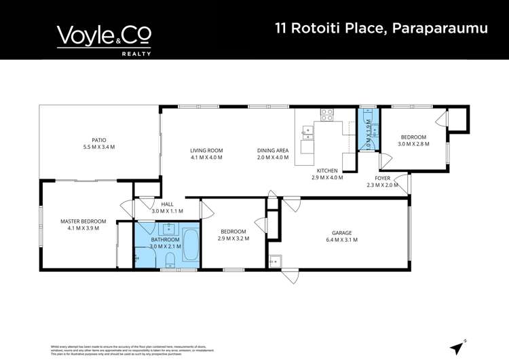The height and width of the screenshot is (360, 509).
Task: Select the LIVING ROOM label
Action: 206,150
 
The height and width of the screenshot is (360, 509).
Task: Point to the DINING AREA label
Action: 273,150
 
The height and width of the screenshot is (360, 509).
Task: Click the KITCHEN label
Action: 327,170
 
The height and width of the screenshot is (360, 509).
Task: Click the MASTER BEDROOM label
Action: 83,221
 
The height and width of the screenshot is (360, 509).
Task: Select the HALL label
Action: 167,204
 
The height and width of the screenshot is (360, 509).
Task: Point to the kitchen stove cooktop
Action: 326,115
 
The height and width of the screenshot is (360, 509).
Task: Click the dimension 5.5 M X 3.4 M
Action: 99,147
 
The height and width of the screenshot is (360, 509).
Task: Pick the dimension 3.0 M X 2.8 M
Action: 413,143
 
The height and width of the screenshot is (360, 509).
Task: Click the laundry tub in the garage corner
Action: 276,261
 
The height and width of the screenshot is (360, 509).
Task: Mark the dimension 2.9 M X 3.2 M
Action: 233,239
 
